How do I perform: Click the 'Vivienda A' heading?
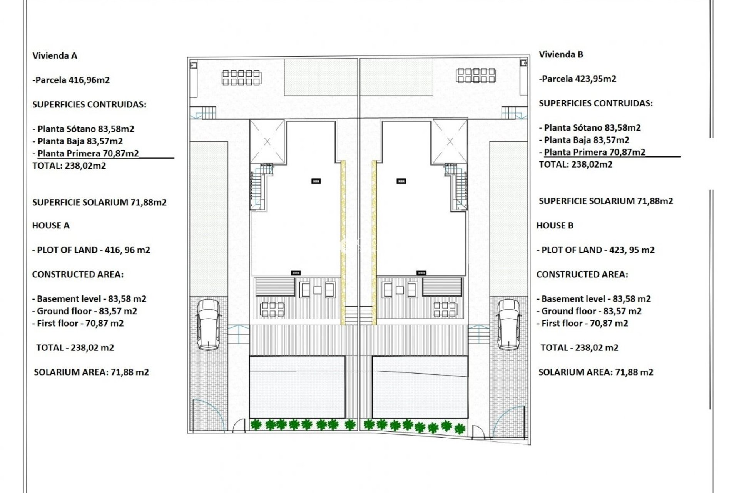(x=55, y=56)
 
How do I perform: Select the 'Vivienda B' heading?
(x=561, y=55)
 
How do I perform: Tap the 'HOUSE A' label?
(x=51, y=226)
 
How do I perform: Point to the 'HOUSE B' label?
(x=555, y=226)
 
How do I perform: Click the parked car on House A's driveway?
(x=209, y=324)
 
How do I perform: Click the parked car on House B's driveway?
(x=508, y=324)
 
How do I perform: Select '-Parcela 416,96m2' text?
(x=71, y=80)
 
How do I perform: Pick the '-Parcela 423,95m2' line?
(x=577, y=79)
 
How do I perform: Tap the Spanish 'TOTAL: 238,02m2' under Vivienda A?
(x=69, y=166)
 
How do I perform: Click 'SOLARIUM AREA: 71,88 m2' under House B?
(x=595, y=372)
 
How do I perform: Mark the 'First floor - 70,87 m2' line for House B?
(x=582, y=324)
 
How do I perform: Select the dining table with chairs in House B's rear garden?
(x=476, y=75)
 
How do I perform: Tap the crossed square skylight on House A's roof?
(x=267, y=141)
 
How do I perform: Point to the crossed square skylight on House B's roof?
(x=450, y=141)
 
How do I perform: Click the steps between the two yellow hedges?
(x=359, y=315)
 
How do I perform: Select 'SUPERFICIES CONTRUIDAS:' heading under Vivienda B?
(x=595, y=104)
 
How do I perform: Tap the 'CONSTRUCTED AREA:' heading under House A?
(x=78, y=275)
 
